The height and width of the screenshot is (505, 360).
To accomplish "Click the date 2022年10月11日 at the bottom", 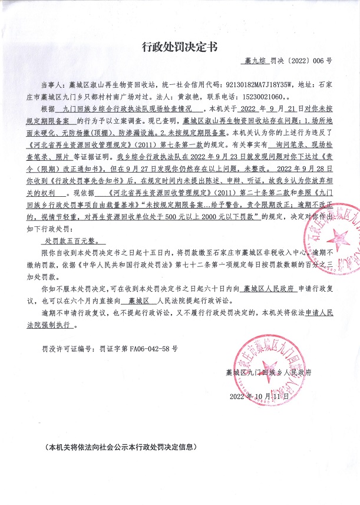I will [x=259, y=395].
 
